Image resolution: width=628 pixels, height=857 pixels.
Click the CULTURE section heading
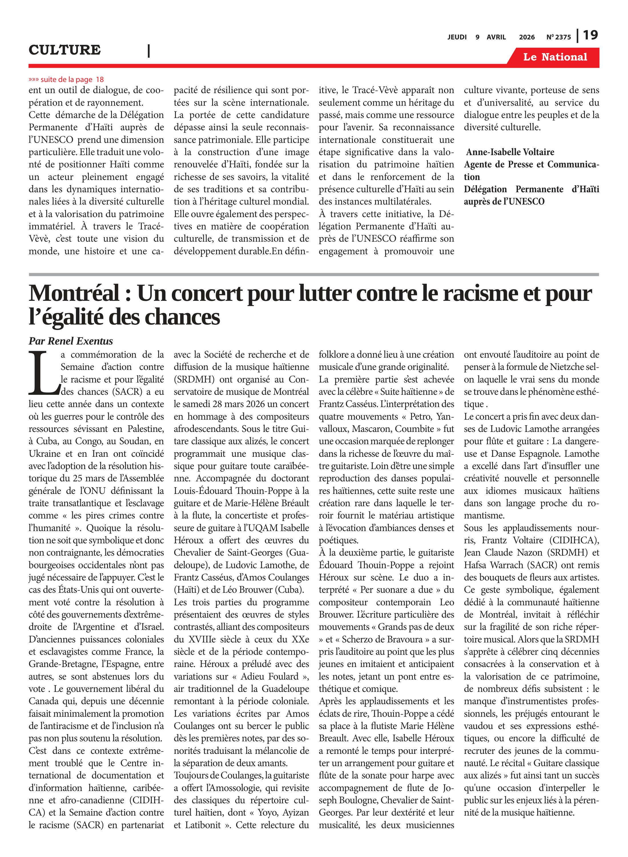tap(65, 50)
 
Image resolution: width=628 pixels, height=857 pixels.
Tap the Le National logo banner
tap(555, 57)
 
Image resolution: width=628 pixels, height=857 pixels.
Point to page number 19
tap(590, 35)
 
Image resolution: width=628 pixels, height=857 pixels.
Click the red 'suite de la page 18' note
tap(66, 79)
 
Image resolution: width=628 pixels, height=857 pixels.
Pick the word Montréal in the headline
tap(74, 294)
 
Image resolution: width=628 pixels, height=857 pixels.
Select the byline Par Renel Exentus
tap(71, 341)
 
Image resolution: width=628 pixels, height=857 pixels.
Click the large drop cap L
tap(43, 374)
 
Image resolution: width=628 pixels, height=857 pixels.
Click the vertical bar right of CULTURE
tap(149, 51)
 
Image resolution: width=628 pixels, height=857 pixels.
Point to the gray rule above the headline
tap(314, 274)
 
